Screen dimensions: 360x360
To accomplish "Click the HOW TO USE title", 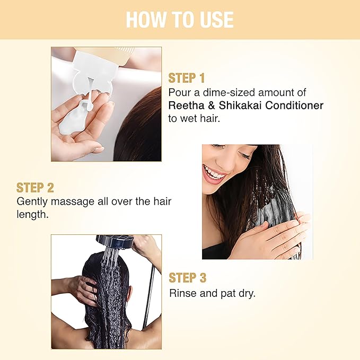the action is (180, 20).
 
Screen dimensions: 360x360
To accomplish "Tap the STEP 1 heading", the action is (187, 78).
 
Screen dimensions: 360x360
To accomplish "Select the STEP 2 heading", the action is (35, 188).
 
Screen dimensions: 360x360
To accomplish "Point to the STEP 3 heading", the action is (188, 278).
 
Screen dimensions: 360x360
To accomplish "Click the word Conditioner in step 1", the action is (294, 106).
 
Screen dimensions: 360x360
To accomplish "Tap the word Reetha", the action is (186, 106).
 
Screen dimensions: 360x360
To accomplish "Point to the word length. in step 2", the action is (32, 214).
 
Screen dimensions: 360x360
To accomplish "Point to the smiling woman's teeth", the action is (214, 173).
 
